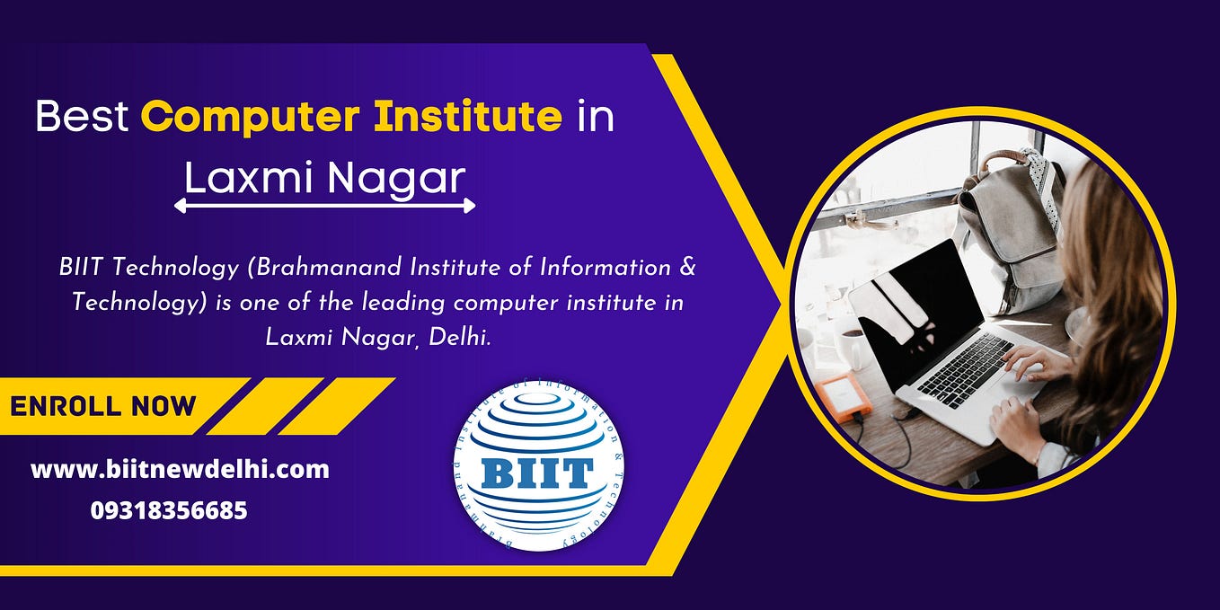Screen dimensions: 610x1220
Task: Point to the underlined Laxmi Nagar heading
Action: pos(325,178)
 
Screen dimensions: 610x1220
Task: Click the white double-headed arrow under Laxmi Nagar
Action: pos(324,207)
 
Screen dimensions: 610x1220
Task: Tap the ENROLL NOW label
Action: pos(102,406)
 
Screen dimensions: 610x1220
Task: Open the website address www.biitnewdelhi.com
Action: pos(180,469)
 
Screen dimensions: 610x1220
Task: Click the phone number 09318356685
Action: pos(169,511)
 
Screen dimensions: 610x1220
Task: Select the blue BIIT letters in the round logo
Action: pos(537,473)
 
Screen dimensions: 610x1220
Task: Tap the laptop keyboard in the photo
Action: pos(966,368)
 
